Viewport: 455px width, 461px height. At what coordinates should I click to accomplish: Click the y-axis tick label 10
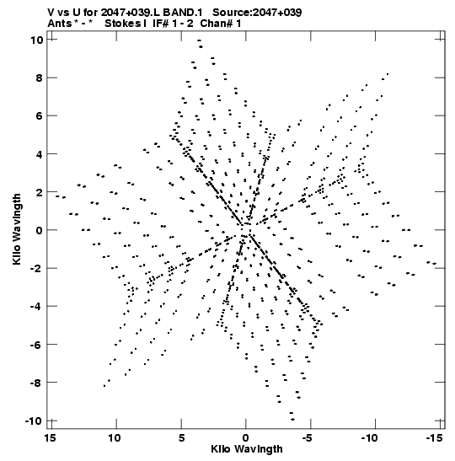[37, 40]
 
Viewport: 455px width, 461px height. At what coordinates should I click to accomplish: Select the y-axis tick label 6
[40, 115]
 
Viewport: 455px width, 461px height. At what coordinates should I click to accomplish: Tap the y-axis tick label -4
[37, 307]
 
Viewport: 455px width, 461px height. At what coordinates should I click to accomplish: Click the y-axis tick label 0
[40, 230]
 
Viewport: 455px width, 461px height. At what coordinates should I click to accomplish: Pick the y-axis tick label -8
[37, 383]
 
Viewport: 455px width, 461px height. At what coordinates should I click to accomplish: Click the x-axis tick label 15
[51, 438]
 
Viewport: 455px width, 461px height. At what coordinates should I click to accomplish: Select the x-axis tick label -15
[434, 438]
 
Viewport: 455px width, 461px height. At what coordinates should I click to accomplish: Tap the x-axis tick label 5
[182, 438]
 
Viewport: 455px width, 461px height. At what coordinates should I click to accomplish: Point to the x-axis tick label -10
[369, 438]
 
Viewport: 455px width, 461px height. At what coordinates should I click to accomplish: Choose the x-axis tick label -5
[307, 438]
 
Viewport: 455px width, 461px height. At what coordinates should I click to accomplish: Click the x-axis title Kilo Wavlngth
[247, 449]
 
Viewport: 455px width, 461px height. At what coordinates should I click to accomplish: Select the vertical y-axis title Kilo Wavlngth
[17, 229]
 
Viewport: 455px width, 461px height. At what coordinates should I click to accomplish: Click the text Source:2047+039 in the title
[257, 13]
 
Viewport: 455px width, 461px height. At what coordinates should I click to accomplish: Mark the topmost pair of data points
[200, 44]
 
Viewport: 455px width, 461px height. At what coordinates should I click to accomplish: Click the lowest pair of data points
[292, 416]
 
